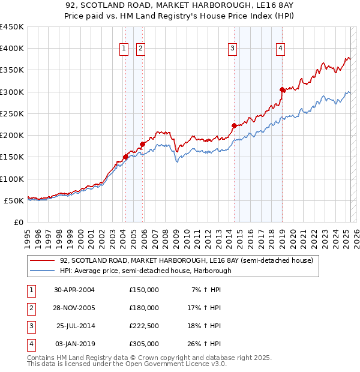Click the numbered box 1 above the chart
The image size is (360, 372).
coord(124,49)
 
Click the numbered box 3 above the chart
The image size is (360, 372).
coord(232,49)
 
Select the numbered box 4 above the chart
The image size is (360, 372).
coord(281,49)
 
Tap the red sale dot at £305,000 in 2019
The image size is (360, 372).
coord(282,89)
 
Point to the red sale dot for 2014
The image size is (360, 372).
coord(235,125)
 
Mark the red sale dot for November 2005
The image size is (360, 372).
coord(143,144)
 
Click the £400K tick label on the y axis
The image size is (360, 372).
coord(11,49)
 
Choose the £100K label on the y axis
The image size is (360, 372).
coord(11,179)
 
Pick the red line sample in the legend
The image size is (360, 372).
coord(42,260)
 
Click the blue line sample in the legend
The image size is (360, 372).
coord(42,271)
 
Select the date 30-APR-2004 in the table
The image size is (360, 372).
coord(74,290)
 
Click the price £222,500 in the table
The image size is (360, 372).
coord(144,326)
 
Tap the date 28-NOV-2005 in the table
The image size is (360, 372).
coord(74,308)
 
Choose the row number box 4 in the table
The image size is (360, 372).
coord(29,344)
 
